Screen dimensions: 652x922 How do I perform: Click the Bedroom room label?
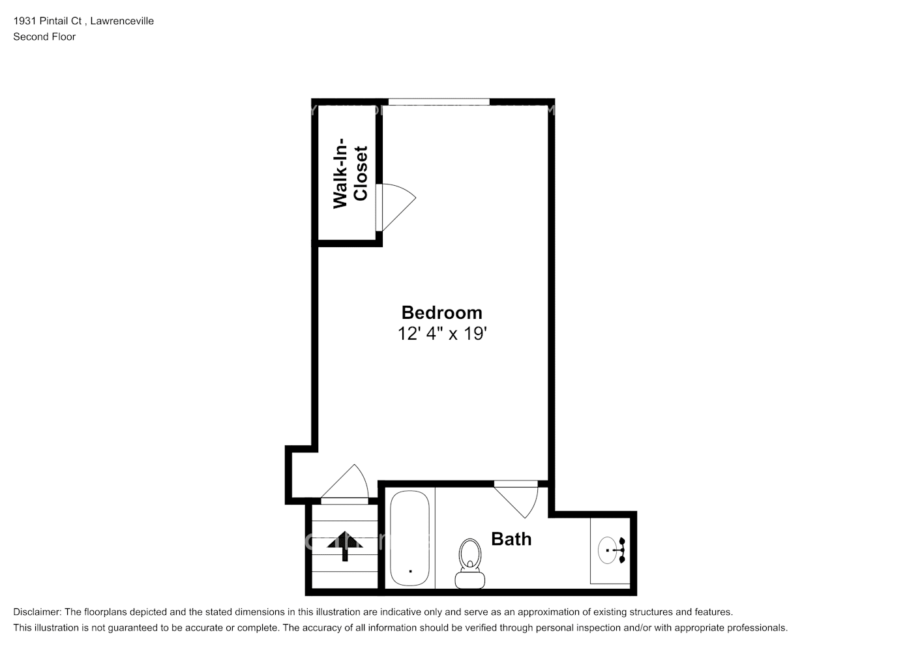(x=441, y=312)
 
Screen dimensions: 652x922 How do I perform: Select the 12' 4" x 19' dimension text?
(x=442, y=334)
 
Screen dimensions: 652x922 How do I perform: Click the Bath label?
(x=511, y=539)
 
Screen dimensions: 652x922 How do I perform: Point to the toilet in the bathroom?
(x=469, y=561)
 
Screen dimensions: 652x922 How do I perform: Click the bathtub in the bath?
(x=409, y=539)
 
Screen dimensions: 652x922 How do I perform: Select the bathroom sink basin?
(x=608, y=550)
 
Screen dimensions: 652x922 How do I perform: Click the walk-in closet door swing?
(x=395, y=206)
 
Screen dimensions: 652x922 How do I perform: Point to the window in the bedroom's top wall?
(x=439, y=102)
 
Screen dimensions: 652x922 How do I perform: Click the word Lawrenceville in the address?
(x=122, y=21)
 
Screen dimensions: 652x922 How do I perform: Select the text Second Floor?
(x=44, y=37)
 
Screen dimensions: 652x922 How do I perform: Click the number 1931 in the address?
(x=25, y=21)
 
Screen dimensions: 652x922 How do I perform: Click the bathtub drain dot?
(x=410, y=570)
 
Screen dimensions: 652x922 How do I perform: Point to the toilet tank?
(x=469, y=579)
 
